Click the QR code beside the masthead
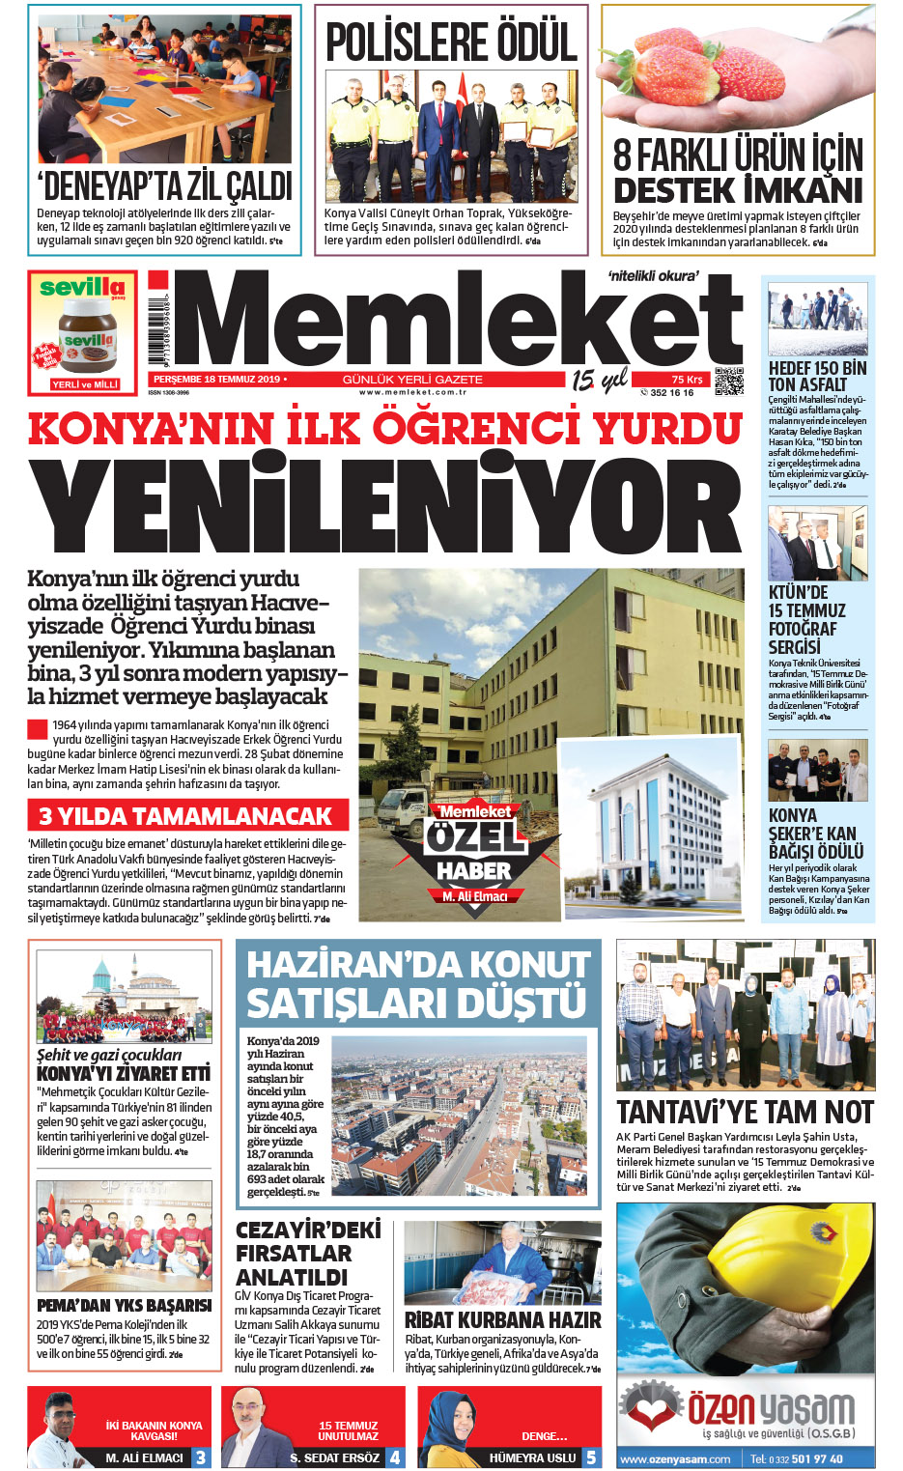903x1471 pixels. click(728, 382)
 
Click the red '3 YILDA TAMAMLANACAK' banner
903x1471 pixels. click(187, 816)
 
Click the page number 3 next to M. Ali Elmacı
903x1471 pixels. click(201, 1457)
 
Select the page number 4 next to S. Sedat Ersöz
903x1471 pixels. click(394, 1457)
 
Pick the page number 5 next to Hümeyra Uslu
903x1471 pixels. click(591, 1457)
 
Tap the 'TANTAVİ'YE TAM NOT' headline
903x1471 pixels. click(745, 1113)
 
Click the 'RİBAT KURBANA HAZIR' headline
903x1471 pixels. click(502, 1319)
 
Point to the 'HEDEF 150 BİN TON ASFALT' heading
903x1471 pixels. click(817, 376)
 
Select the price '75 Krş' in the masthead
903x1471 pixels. click(687, 380)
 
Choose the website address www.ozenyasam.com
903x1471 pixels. click(675, 1458)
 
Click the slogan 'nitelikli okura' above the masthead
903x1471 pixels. click(653, 276)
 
